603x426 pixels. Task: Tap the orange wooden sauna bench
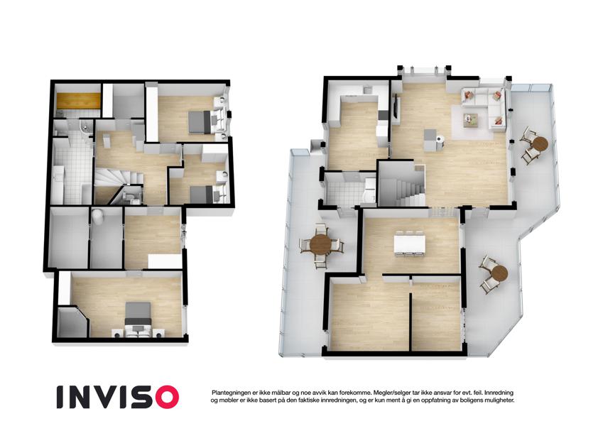(78, 101)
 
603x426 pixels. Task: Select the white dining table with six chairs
(410, 244)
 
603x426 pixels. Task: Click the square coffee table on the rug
(470, 119)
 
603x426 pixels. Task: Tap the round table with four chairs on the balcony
(321, 244)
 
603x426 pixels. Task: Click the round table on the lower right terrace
(499, 273)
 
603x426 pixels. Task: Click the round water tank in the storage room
(97, 217)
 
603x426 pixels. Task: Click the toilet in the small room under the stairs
(130, 197)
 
